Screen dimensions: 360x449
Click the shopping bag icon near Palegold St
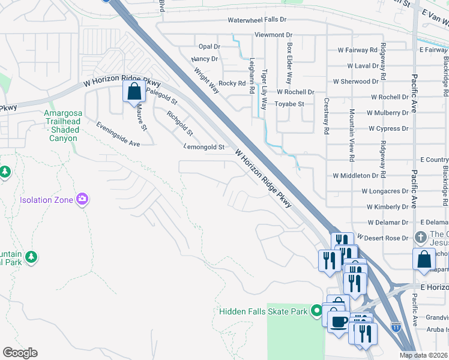coord(134,92)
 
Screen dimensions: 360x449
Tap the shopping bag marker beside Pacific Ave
coord(424,259)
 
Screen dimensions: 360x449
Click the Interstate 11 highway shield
coord(396,327)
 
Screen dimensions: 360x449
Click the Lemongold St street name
coord(204,146)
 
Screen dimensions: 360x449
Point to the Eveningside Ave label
coord(118,134)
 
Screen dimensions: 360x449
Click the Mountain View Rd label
coord(352,135)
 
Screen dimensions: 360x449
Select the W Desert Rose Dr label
coord(385,238)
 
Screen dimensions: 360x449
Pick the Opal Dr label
coord(209,47)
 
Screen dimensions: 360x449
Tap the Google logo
coord(20,353)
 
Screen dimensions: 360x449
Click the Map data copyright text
coord(424,355)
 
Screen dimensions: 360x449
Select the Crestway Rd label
coord(326,116)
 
